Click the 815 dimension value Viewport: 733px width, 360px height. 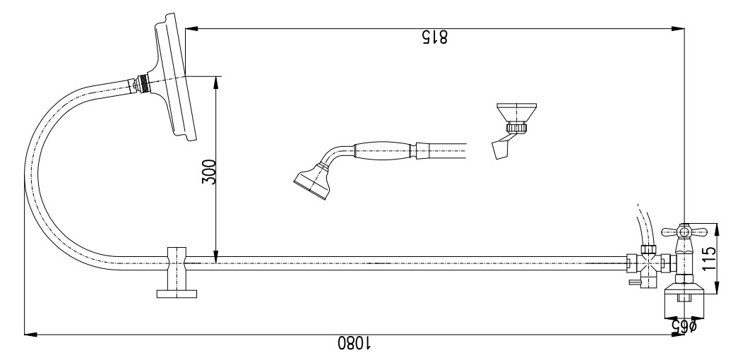tap(435, 37)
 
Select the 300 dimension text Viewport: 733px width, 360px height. tap(209, 172)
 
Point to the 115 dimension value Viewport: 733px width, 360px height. tap(709, 258)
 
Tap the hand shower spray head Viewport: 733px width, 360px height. tap(312, 181)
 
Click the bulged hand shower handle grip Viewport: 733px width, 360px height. tap(383, 150)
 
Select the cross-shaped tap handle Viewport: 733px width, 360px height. tap(684, 232)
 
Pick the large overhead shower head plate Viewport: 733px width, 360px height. tap(174, 77)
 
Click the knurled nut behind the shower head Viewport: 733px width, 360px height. tap(145, 84)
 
